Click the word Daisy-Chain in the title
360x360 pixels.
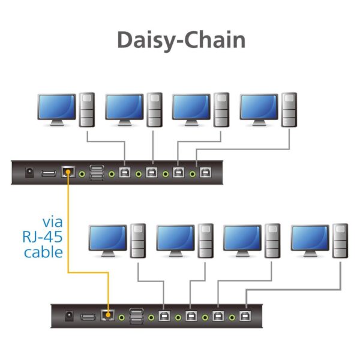click(x=181, y=39)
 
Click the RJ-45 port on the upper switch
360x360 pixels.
click(x=67, y=173)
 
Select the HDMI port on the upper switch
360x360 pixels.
click(x=48, y=173)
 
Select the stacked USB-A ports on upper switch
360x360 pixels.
click(x=97, y=173)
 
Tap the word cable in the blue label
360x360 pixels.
click(x=43, y=251)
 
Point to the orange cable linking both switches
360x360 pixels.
click(x=68, y=228)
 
